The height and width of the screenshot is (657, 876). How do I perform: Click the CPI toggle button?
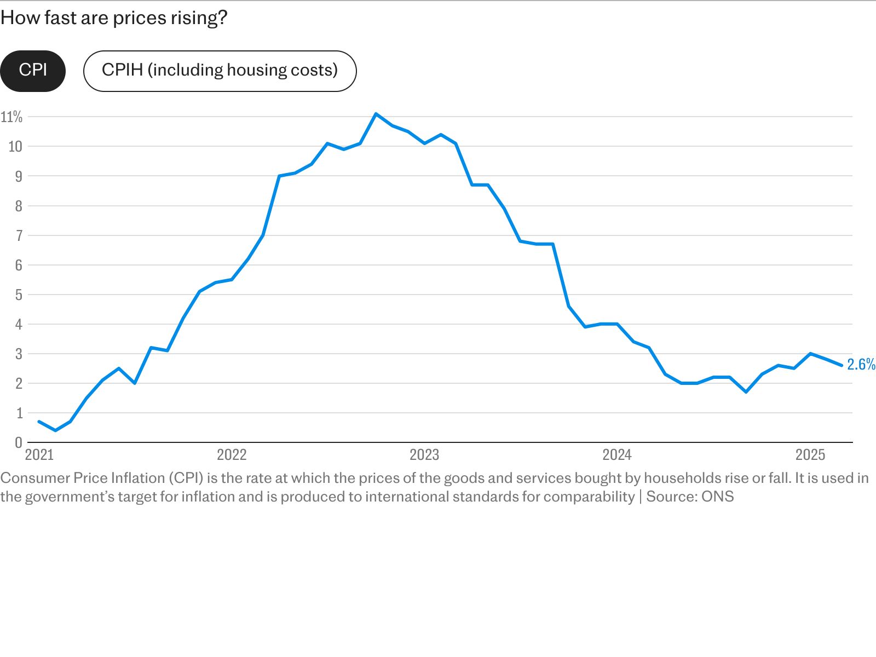click(x=33, y=71)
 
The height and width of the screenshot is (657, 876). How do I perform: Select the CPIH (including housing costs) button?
click(x=220, y=71)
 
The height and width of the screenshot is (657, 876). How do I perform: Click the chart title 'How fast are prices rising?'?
click(x=114, y=18)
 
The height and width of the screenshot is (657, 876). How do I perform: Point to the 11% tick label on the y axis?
click(x=11, y=117)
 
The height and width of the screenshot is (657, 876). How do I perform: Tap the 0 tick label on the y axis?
click(x=19, y=442)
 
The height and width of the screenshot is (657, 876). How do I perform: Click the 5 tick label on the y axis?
click(x=19, y=295)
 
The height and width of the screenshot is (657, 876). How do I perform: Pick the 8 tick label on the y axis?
click(x=19, y=206)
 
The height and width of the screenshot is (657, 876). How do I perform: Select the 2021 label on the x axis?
click(x=39, y=455)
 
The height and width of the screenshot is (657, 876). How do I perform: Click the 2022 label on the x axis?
click(x=232, y=455)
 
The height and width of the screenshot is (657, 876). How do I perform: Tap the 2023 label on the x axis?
click(x=424, y=455)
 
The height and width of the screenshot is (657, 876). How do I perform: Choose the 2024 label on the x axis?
click(x=617, y=455)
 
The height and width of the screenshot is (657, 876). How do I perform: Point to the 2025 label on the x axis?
click(x=810, y=455)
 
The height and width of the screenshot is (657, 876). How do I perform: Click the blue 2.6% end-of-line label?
click(x=861, y=364)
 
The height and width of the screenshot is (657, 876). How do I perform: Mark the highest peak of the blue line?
click(x=376, y=114)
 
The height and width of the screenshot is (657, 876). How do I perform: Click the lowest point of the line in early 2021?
click(x=55, y=430)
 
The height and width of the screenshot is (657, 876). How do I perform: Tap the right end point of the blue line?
click(x=842, y=365)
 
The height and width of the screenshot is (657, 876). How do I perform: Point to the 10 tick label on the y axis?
click(x=15, y=146)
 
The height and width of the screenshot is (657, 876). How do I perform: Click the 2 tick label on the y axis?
click(x=19, y=383)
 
